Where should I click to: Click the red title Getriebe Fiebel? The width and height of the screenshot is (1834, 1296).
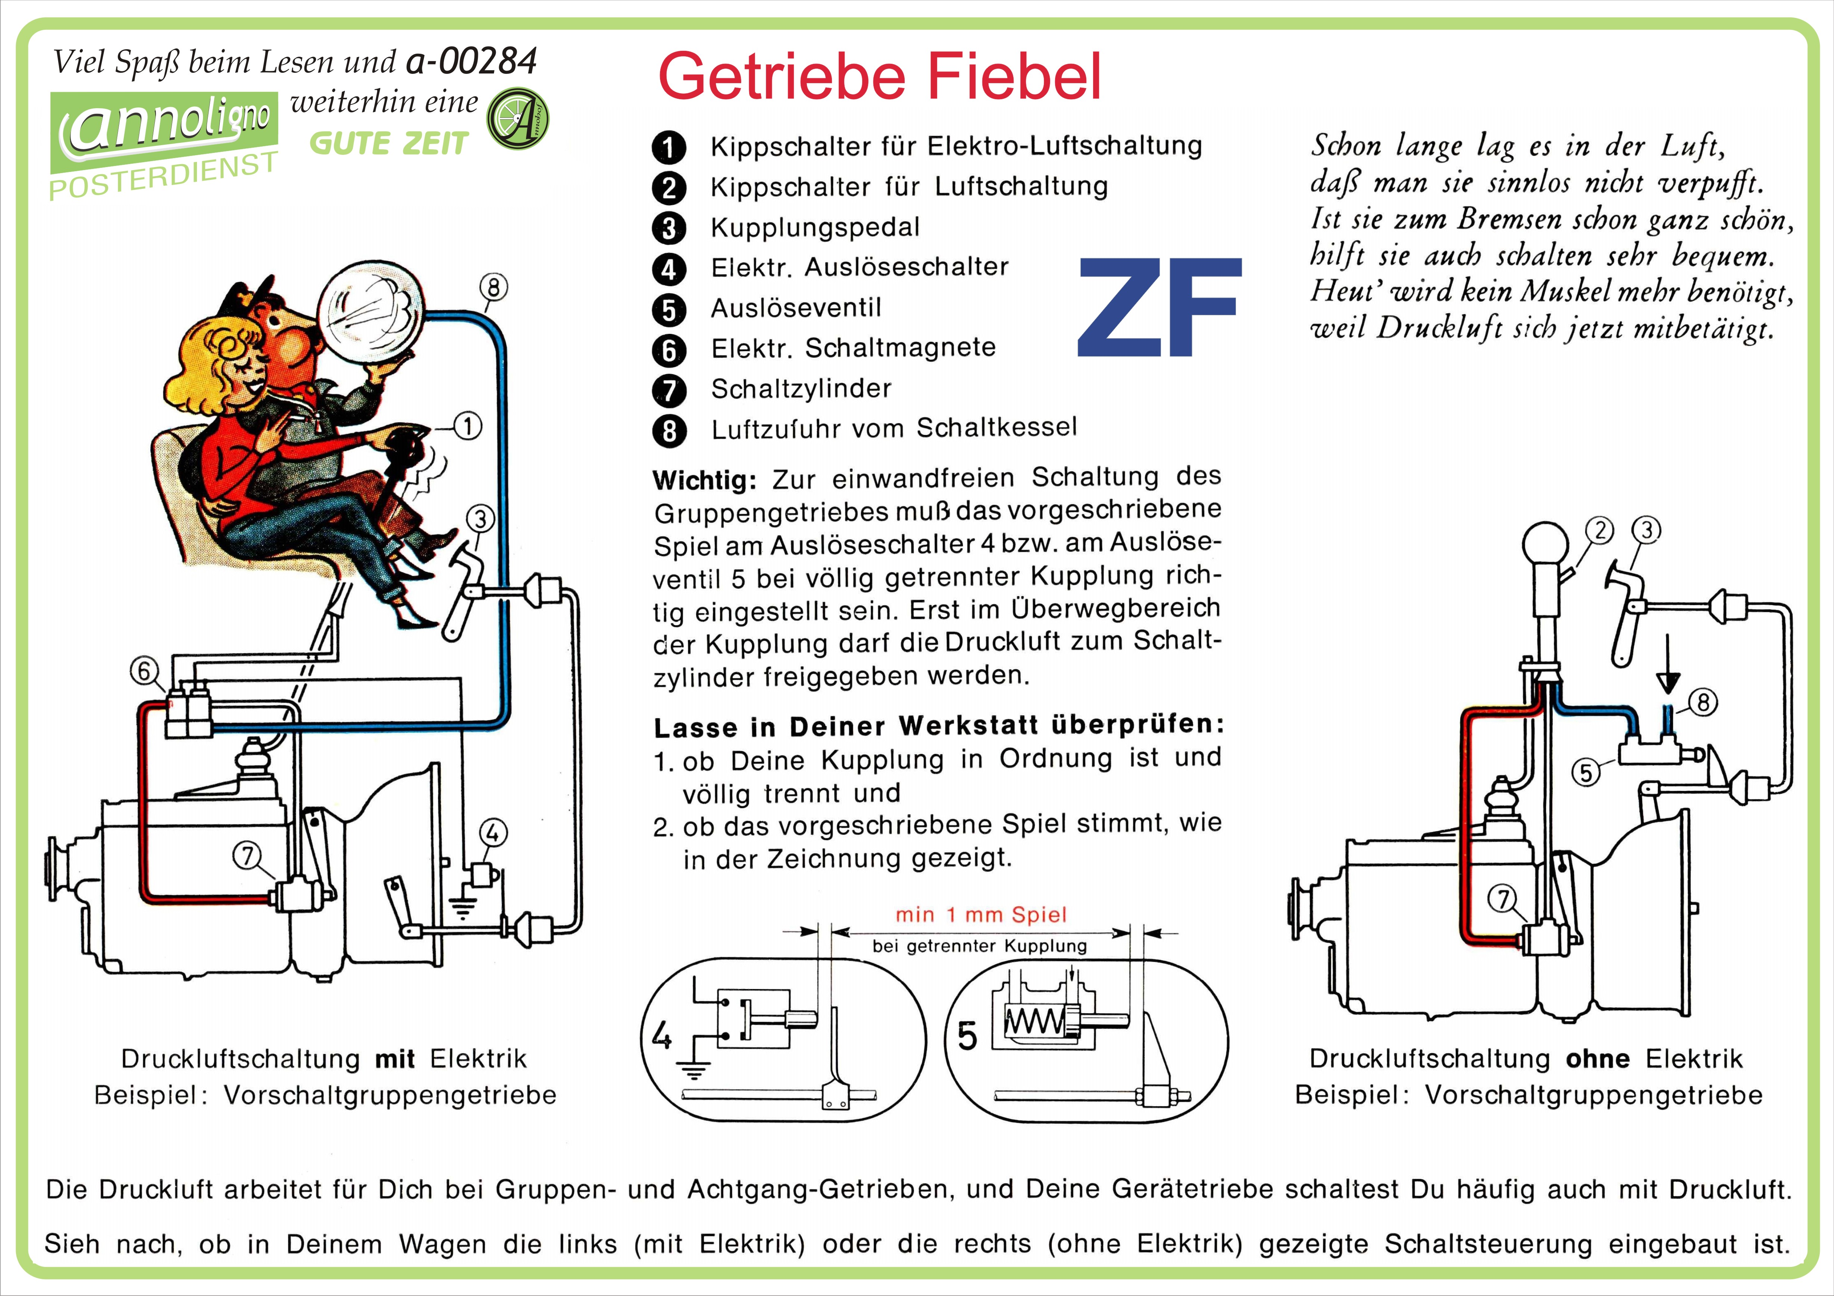pyautogui.click(x=879, y=76)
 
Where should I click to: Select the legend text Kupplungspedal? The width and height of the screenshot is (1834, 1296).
pyautogui.click(x=815, y=228)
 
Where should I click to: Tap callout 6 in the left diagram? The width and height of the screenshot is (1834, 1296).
pyautogui.click(x=144, y=671)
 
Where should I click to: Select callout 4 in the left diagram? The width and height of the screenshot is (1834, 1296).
pyautogui.click(x=492, y=833)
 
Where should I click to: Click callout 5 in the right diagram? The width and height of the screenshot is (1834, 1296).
pyautogui.click(x=1586, y=772)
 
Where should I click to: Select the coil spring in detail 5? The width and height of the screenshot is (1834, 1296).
pyautogui.click(x=1033, y=1021)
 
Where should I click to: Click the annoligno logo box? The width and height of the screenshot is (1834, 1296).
pyautogui.click(x=164, y=132)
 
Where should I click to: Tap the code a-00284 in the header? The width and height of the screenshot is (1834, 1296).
pyautogui.click(x=471, y=62)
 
